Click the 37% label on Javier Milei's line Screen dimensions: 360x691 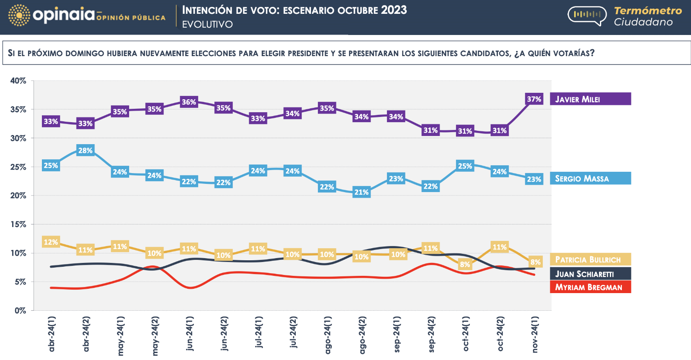[534, 99]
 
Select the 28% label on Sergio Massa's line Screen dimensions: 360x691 [85, 151]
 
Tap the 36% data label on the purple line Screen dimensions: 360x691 [189, 102]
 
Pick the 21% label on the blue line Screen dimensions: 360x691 [361, 193]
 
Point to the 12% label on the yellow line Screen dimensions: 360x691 [51, 242]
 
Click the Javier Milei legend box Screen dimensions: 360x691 [590, 99]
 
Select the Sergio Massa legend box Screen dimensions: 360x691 [590, 178]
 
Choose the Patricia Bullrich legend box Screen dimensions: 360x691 [590, 259]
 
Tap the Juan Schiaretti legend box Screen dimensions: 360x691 [590, 274]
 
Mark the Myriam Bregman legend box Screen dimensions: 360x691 [590, 287]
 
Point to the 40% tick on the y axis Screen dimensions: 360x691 [18, 81]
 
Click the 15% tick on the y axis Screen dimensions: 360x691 [18, 224]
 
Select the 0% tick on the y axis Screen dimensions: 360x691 [20, 310]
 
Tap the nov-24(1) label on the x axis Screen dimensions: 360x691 [535, 334]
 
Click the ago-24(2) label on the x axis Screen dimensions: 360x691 [362, 335]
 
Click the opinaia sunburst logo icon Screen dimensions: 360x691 [19, 16]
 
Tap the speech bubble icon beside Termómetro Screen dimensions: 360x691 [587, 15]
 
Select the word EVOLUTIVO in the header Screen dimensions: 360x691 [207, 25]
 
